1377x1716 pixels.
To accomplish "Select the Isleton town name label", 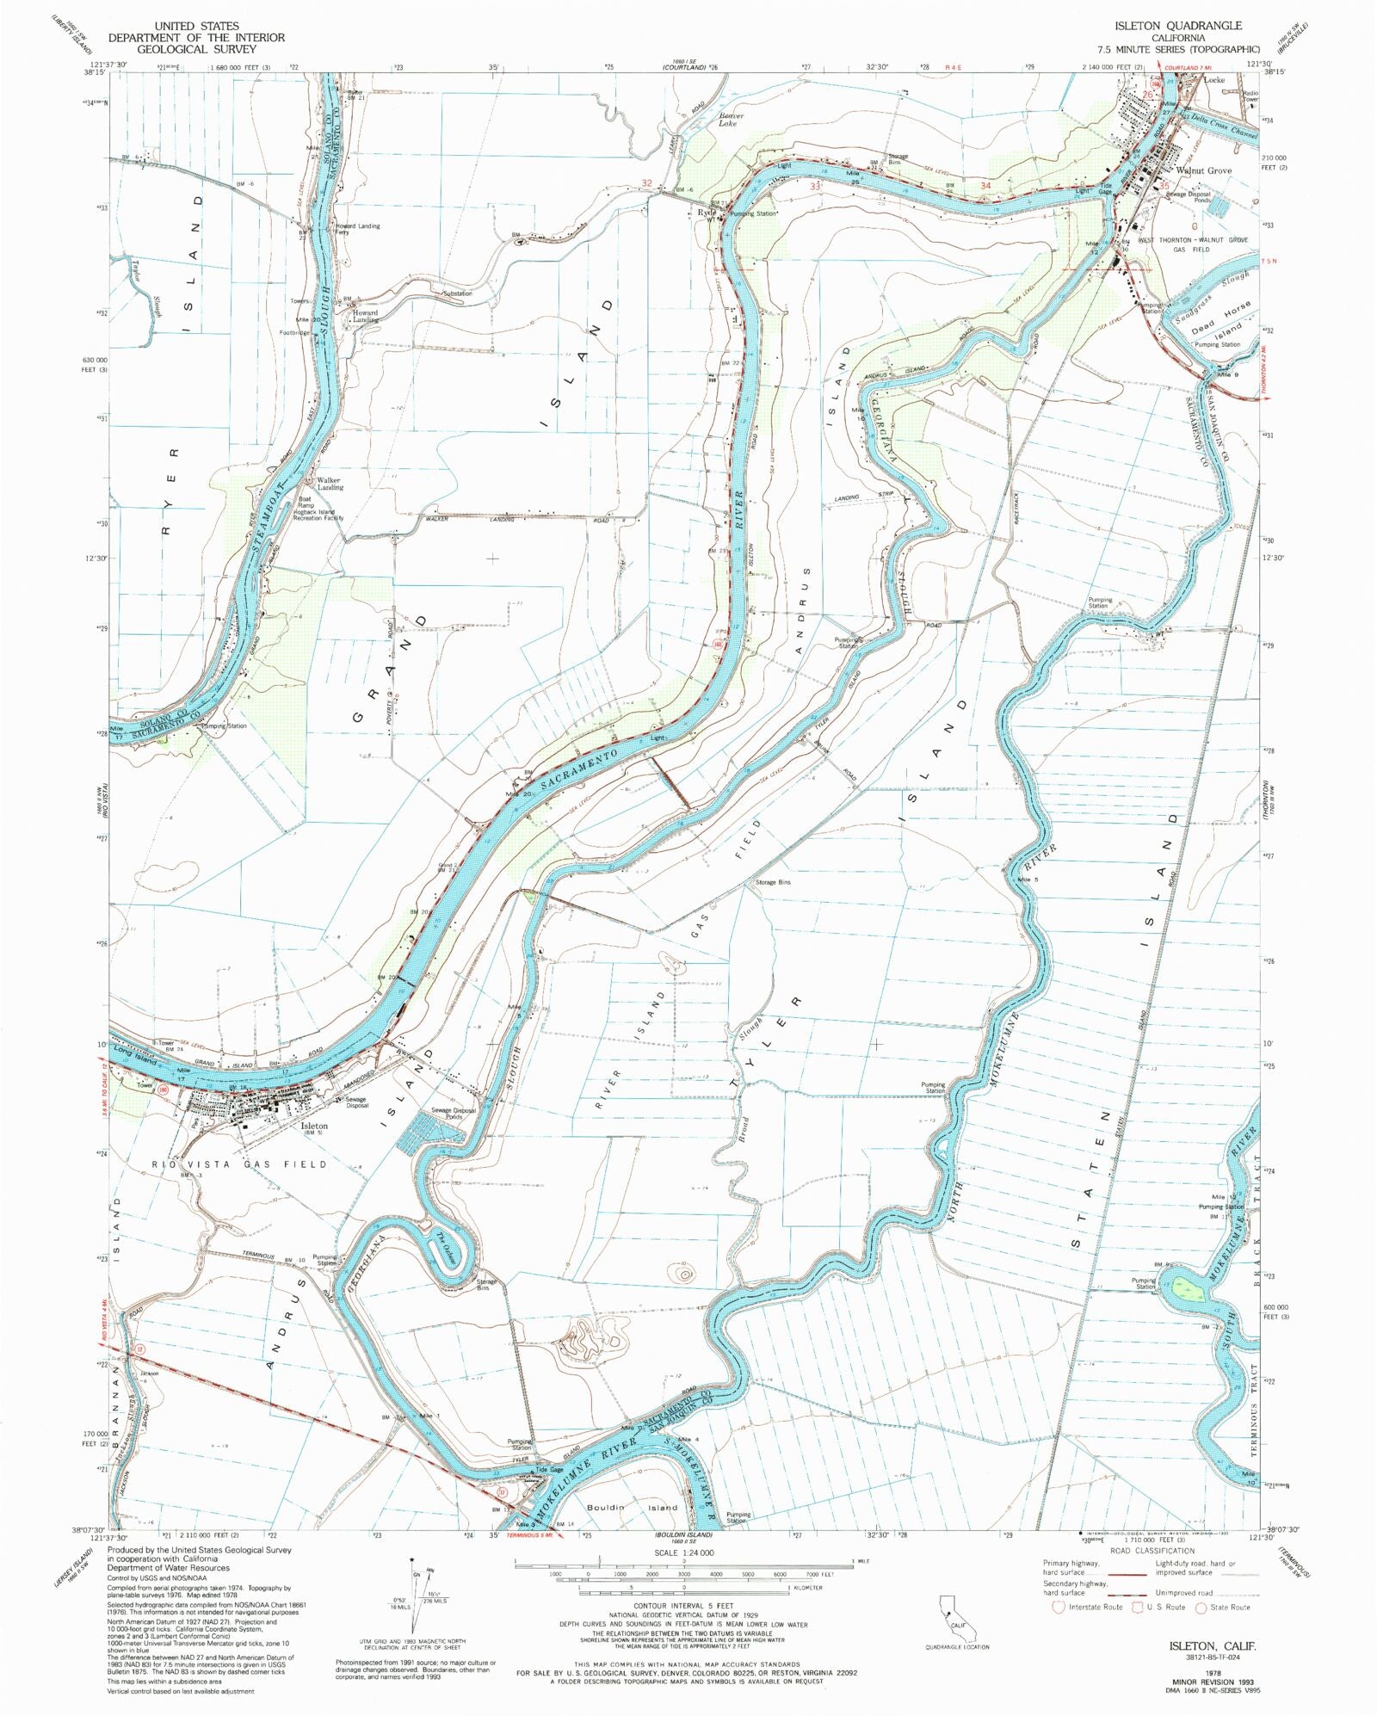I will pos(313,1126).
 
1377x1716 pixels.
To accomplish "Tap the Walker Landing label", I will pos(329,484).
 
